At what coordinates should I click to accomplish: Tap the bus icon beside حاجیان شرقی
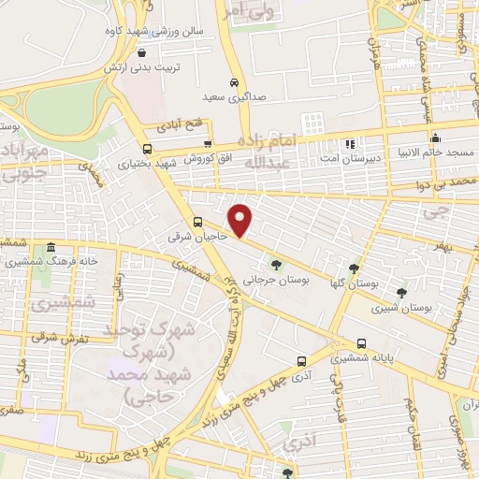197,223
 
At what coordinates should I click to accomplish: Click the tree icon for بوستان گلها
354,269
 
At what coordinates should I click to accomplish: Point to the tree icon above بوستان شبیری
401,293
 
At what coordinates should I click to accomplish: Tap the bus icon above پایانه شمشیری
361,343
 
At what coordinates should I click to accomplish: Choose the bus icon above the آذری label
300,361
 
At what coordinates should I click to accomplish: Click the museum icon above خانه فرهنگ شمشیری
50,248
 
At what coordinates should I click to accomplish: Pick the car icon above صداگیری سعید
235,81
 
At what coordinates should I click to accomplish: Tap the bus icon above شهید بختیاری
147,149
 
